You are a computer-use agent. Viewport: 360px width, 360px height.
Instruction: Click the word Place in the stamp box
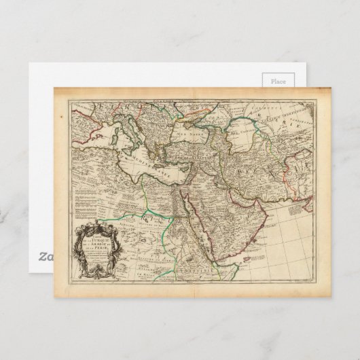pos(278,81)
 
